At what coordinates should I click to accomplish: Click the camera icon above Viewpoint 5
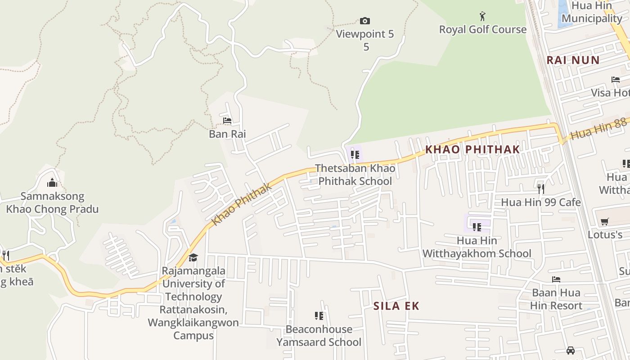tap(365, 21)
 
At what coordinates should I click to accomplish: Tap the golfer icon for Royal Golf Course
tap(483, 17)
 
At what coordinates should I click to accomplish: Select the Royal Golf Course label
tap(483, 30)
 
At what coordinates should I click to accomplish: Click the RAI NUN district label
tap(573, 60)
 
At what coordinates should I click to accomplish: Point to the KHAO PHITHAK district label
tap(472, 149)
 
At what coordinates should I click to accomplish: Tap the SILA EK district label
tap(396, 306)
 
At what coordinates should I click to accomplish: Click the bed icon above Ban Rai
tap(227, 121)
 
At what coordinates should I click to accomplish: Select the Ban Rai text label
tap(227, 134)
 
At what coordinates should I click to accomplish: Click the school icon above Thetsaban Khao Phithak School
tap(355, 155)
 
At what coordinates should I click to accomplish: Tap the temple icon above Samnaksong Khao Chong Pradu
tap(52, 183)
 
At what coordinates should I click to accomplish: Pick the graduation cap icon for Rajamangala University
tap(193, 257)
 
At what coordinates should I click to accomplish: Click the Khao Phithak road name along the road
tap(242, 205)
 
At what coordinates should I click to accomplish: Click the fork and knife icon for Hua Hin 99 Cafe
tap(541, 189)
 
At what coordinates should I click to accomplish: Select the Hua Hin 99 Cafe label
tap(541, 202)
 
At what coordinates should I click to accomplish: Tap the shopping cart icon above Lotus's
tap(605, 221)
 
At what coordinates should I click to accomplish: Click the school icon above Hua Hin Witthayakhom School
tap(477, 227)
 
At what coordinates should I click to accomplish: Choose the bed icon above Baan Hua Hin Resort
tap(556, 279)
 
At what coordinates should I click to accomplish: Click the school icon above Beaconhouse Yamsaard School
tap(319, 315)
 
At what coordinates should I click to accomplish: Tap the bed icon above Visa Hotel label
tap(616, 80)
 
